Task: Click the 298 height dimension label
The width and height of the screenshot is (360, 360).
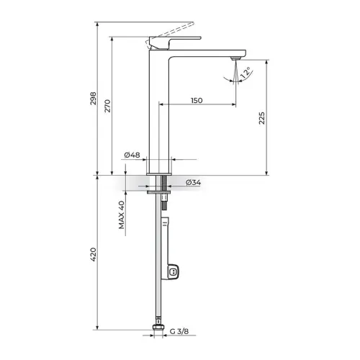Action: coord(93,98)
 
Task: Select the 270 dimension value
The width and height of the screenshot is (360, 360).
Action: coord(107,106)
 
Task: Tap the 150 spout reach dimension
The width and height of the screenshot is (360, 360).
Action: coord(197,100)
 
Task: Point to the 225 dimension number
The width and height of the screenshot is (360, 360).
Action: coord(262,118)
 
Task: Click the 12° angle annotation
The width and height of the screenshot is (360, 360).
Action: coord(246,73)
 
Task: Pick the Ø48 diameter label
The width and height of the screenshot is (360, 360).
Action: coord(132,155)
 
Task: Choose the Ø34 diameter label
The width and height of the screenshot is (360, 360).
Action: coord(194,182)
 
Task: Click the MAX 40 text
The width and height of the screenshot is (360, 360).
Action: coord(122,215)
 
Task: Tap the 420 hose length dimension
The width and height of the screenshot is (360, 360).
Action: coord(93,254)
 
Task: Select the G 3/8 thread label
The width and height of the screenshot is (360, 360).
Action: coord(179,331)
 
